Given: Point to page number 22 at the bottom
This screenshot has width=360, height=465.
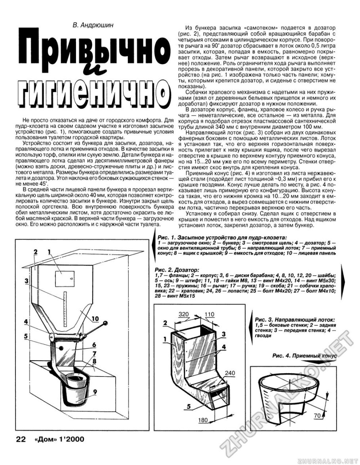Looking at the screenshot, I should pyautogui.click(x=20, y=439).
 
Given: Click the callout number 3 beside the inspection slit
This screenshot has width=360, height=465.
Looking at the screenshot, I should pyautogui.click(x=26, y=281).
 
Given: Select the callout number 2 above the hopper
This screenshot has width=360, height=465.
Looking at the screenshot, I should pyautogui.click(x=36, y=251).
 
